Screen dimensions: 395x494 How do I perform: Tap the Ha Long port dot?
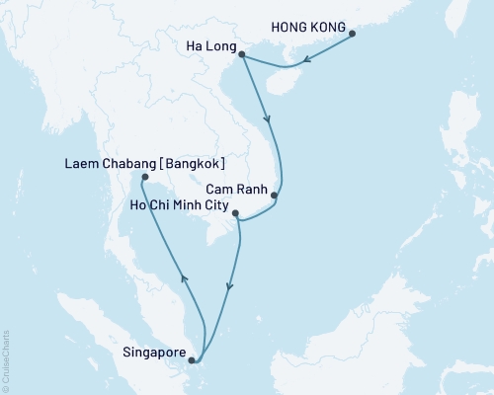coord(242,57)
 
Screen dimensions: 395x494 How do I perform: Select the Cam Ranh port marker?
coord(275,196)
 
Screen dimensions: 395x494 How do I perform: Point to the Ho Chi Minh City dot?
coord(235,211)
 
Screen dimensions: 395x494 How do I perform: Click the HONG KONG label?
coord(311,30)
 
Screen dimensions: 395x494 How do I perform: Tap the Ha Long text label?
coord(209,46)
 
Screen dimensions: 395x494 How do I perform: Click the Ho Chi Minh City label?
coord(179,206)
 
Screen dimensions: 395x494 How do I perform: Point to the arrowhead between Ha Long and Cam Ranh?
coord(269,121)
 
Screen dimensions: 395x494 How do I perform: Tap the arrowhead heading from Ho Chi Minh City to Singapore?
coord(229,287)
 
